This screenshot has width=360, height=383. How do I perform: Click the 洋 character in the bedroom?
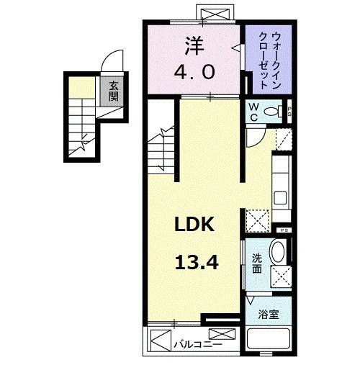193,45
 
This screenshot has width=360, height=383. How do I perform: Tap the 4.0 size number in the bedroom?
193,72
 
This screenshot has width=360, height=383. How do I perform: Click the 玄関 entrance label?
114,92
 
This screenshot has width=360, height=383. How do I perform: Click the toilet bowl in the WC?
274,112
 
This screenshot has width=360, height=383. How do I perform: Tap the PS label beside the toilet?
289,112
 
